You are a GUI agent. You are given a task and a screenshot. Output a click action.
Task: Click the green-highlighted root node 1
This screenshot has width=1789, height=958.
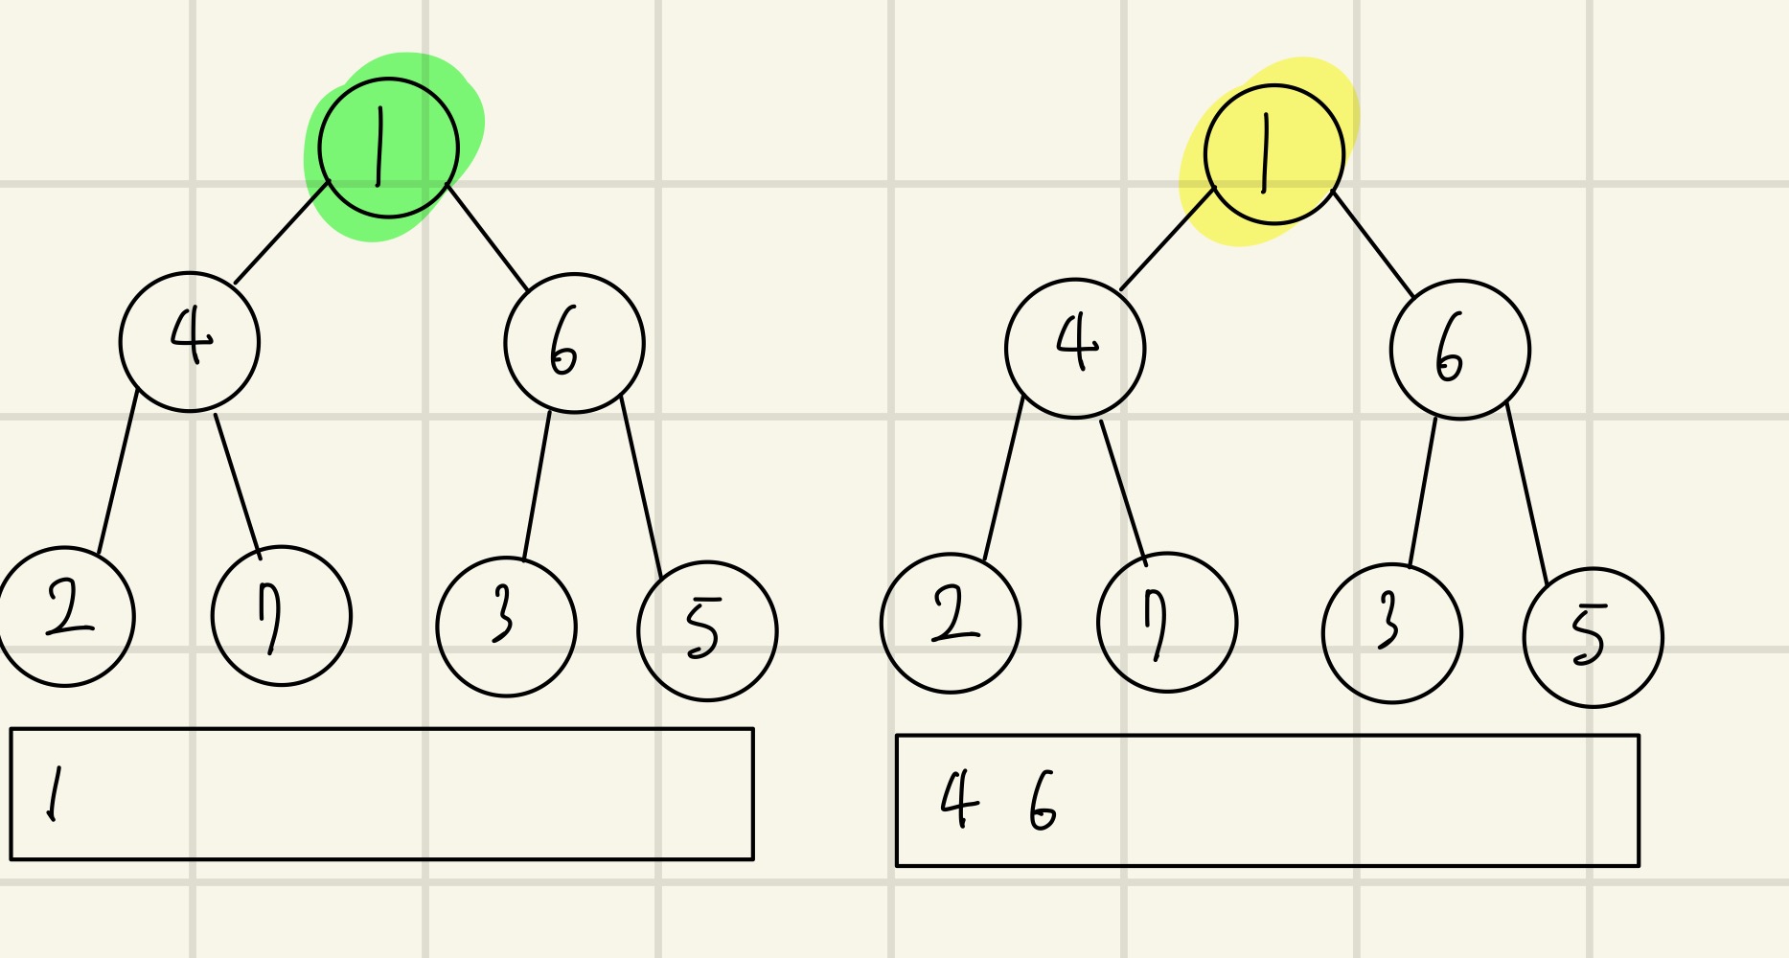click(x=388, y=148)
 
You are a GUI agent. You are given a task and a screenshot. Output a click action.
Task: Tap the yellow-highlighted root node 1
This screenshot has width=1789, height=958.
click(x=1274, y=154)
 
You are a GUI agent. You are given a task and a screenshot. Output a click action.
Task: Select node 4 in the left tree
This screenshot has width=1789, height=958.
click(x=190, y=342)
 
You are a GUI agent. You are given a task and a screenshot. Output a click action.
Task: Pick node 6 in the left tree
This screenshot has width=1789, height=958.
click(x=574, y=343)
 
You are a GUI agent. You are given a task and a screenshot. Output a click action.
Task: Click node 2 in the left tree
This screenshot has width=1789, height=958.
click(x=65, y=616)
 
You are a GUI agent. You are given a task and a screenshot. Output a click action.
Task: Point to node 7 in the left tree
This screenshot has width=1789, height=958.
click(x=281, y=616)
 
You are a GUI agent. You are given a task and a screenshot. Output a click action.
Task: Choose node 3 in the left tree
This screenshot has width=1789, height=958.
click(x=506, y=627)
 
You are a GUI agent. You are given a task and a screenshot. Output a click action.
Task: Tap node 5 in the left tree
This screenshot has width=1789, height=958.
click(x=707, y=631)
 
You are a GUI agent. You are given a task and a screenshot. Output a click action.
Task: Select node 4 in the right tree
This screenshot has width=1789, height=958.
click(x=1075, y=349)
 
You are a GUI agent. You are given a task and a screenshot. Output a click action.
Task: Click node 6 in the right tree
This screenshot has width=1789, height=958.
click(x=1459, y=350)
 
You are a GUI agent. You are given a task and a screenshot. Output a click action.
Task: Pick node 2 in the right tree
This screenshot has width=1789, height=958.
click(x=951, y=623)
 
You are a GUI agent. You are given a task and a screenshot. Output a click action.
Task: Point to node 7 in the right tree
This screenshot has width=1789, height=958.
click(x=1167, y=623)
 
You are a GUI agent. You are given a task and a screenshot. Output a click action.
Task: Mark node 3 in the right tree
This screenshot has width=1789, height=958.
click(x=1391, y=633)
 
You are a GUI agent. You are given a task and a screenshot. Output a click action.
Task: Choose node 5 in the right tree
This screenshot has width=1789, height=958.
click(x=1593, y=638)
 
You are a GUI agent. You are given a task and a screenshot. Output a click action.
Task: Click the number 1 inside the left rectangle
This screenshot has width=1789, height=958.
click(x=54, y=794)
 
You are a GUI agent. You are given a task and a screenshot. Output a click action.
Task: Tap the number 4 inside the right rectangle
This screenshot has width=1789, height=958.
click(x=959, y=800)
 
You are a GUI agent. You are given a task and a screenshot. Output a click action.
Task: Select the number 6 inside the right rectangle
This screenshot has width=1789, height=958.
click(x=1042, y=802)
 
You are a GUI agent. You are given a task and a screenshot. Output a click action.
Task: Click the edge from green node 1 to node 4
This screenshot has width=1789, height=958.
click(x=282, y=232)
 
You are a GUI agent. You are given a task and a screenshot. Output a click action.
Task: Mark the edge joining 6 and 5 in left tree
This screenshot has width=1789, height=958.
click(x=641, y=486)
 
